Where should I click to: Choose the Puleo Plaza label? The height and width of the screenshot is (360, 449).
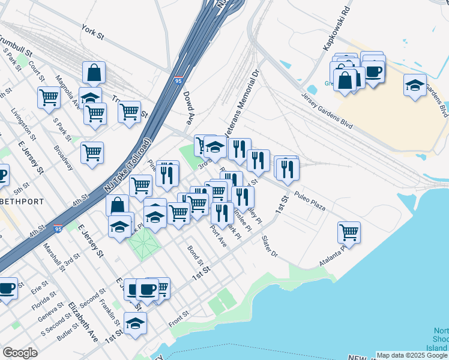[310, 201]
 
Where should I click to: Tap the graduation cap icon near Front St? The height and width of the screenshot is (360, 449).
[135, 323]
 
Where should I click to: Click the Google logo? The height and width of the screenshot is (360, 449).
[20, 353]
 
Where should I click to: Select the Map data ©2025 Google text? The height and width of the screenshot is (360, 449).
[412, 355]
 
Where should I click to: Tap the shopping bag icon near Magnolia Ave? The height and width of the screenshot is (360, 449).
[94, 73]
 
